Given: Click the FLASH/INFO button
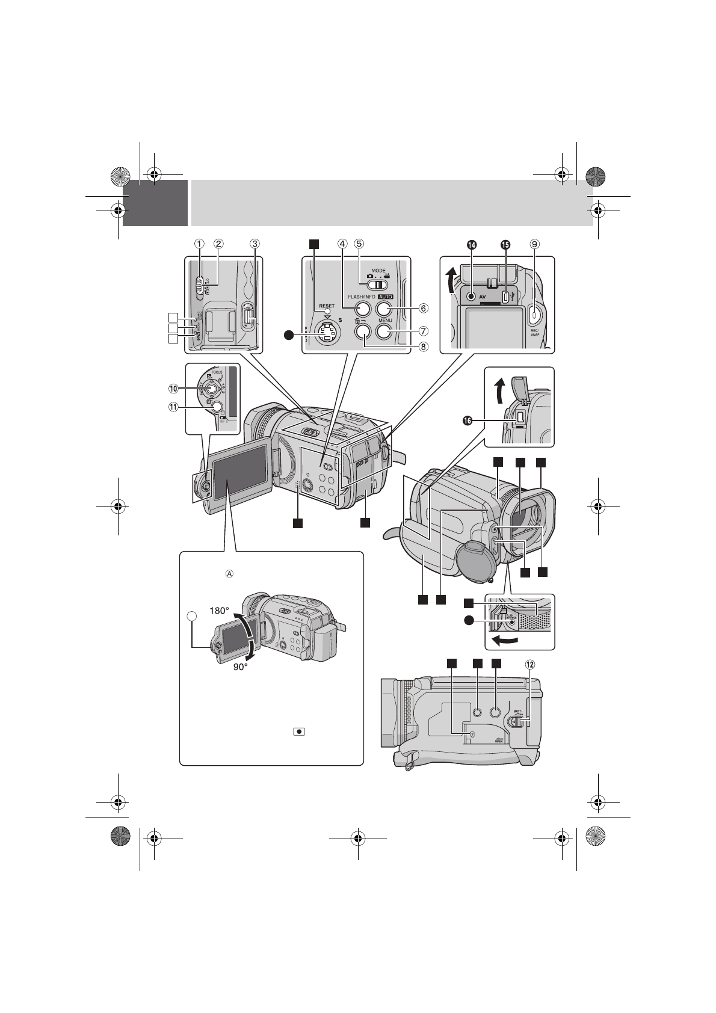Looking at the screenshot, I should [x=361, y=309].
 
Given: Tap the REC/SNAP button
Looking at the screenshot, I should [x=534, y=312].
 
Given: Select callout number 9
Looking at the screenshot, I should [x=534, y=244].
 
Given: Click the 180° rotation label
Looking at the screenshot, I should [x=220, y=611].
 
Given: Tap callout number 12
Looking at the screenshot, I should [x=529, y=665].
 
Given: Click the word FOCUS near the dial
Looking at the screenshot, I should [x=217, y=372].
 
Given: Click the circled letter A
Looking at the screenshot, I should [x=229, y=574].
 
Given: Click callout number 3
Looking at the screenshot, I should [x=255, y=244].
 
